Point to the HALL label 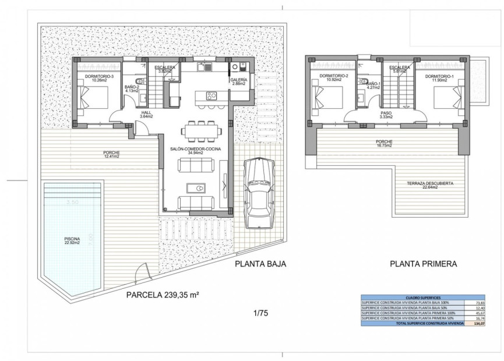tap(146, 115)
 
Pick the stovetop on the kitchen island tap(212, 97)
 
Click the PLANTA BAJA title tap(260, 264)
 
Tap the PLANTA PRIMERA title tap(423, 264)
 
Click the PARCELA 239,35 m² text tap(163, 295)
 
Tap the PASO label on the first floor tap(386, 115)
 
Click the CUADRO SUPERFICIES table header tap(411, 297)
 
